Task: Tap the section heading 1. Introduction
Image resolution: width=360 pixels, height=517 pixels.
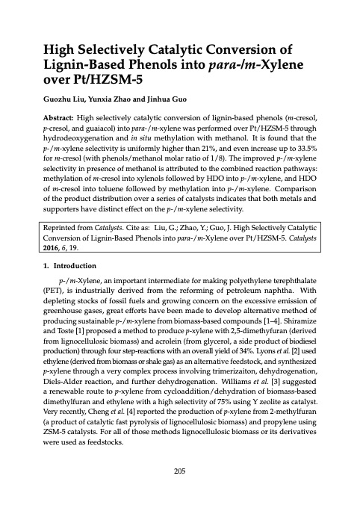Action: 68,264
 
